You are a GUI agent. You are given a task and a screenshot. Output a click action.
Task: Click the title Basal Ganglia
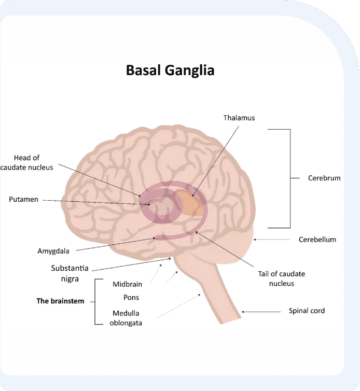pyautogui.click(x=170, y=70)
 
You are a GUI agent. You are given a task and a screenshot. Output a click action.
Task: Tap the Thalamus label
pyautogui.click(x=239, y=118)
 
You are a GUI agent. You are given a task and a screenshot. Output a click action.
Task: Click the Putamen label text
pyautogui.click(x=23, y=199)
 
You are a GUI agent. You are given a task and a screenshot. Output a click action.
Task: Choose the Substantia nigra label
pyautogui.click(x=70, y=273)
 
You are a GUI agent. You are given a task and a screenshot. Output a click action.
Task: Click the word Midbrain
pyautogui.click(x=127, y=284)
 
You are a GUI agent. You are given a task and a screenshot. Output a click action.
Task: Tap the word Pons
pyautogui.click(x=131, y=298)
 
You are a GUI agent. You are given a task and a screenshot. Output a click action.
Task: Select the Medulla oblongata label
pyautogui.click(x=127, y=317)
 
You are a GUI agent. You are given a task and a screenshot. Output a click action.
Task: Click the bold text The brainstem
pyautogui.click(x=60, y=301)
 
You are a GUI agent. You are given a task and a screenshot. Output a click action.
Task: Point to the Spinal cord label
pyautogui.click(x=307, y=311)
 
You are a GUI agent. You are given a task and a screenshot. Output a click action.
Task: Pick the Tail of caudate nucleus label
pyautogui.click(x=283, y=278)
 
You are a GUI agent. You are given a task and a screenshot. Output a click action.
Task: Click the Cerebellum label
pyautogui.click(x=317, y=240)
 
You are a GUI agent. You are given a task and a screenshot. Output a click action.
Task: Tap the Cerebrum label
pyautogui.click(x=324, y=178)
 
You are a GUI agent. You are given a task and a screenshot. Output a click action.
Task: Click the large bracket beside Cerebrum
pyautogui.click(x=289, y=178)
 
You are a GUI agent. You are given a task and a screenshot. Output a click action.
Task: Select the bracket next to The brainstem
pyautogui.click(x=96, y=301)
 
